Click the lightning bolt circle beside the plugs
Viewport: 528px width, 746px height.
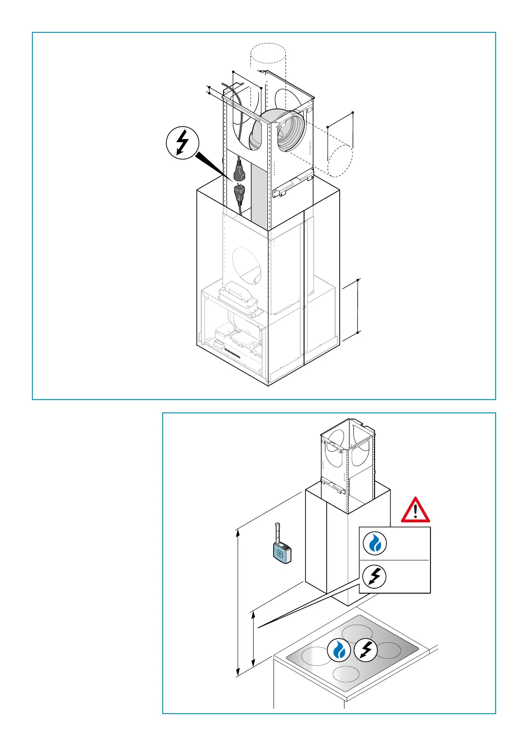182,144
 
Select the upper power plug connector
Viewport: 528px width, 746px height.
239,171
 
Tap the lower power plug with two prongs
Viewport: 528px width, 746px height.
239,192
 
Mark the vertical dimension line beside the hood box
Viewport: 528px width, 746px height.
358,306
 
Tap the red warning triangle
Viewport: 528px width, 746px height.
415,510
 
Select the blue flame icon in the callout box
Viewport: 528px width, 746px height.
375,543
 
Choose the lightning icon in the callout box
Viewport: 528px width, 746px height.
375,576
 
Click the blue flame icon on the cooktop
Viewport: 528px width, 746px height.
339,650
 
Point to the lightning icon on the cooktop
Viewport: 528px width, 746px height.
366,650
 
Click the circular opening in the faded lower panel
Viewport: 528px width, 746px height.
247,264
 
